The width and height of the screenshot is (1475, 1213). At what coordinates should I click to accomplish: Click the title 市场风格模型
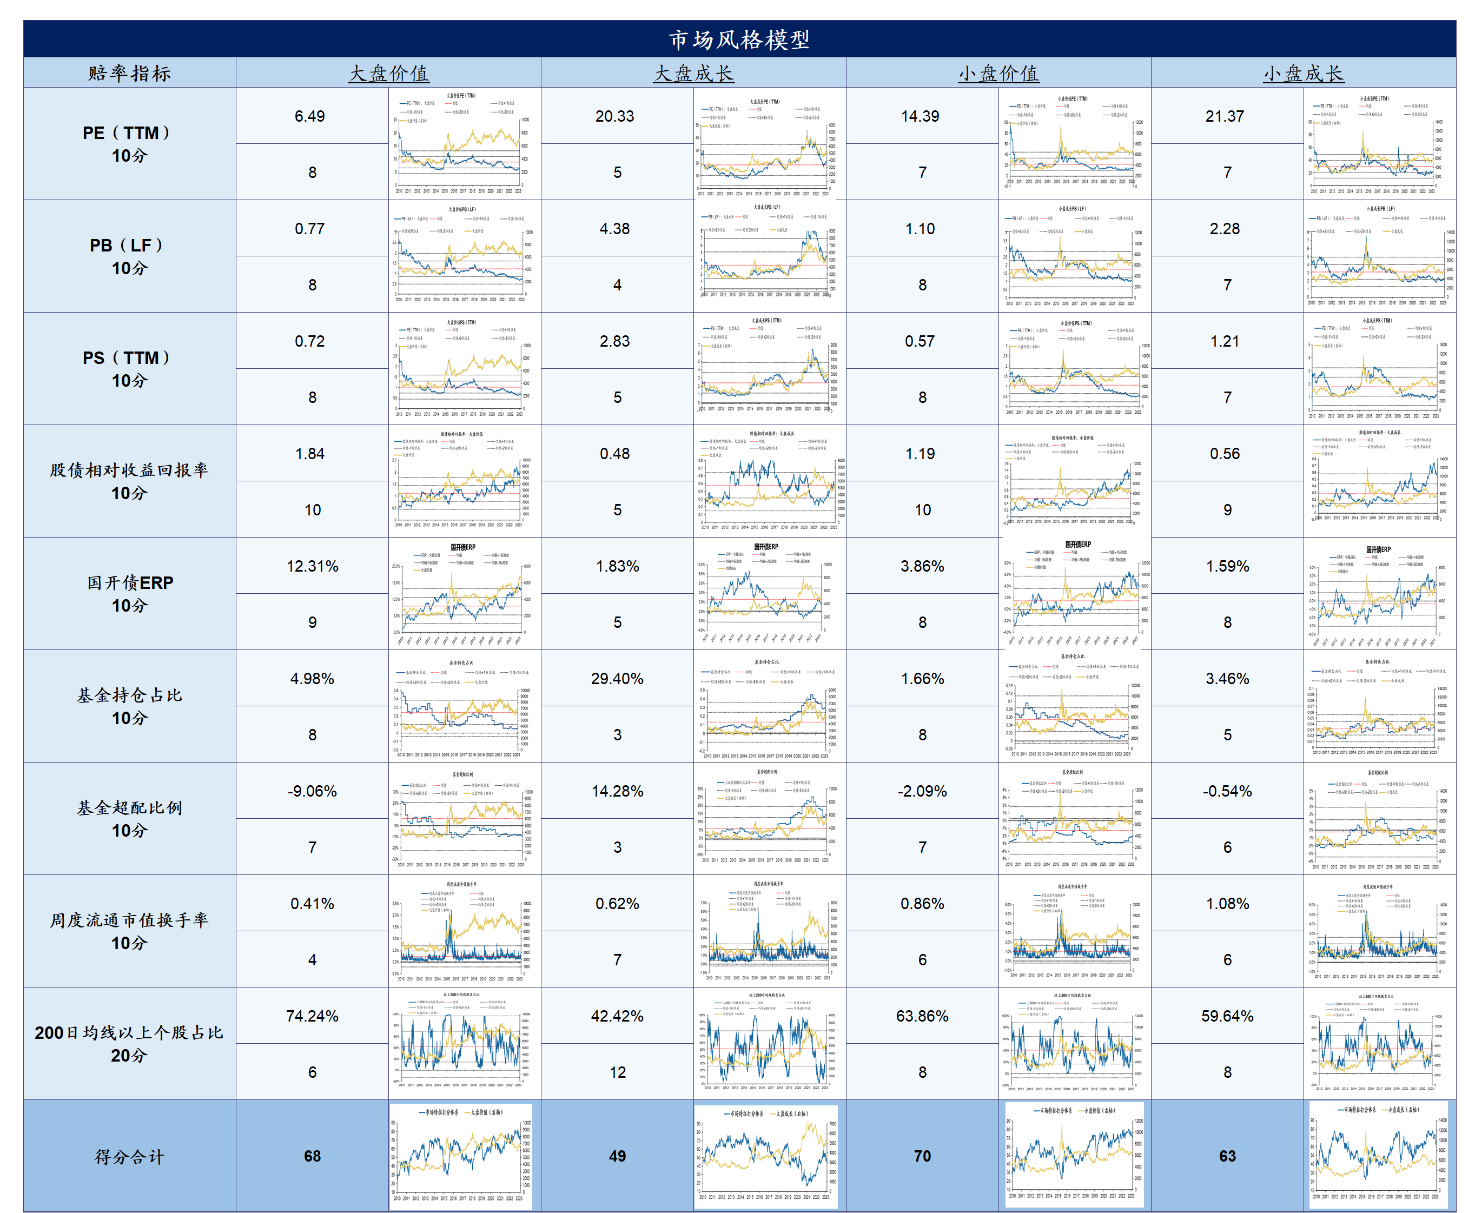click(739, 39)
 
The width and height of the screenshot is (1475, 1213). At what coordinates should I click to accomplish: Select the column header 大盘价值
click(388, 74)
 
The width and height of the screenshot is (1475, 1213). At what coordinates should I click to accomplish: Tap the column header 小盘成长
click(1303, 74)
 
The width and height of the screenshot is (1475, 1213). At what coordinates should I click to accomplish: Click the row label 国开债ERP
click(130, 583)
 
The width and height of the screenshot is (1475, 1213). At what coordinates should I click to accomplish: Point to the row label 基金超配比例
click(130, 808)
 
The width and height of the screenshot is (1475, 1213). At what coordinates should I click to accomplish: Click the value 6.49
click(309, 116)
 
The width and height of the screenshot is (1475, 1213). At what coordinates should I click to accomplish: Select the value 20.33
click(615, 116)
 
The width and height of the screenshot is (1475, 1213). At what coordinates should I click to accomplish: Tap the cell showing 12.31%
click(312, 566)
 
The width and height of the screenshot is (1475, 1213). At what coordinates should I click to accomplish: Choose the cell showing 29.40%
click(617, 679)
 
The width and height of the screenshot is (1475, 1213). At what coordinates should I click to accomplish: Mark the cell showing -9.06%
click(312, 791)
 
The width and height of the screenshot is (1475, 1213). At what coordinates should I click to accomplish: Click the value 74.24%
click(312, 1016)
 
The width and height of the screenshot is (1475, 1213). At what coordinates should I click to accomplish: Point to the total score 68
click(312, 1156)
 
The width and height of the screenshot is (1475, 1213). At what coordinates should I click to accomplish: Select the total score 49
click(617, 1156)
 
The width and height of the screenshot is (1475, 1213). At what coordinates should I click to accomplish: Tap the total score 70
click(922, 1156)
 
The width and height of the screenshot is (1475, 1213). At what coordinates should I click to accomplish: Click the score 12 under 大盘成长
click(617, 1072)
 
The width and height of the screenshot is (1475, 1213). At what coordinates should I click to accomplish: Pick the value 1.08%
click(1228, 904)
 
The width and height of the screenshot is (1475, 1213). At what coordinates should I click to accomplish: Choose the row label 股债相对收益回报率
click(130, 470)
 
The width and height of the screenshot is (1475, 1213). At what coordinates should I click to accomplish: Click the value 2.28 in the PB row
click(1225, 229)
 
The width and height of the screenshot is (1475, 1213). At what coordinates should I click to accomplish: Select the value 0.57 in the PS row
click(920, 341)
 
